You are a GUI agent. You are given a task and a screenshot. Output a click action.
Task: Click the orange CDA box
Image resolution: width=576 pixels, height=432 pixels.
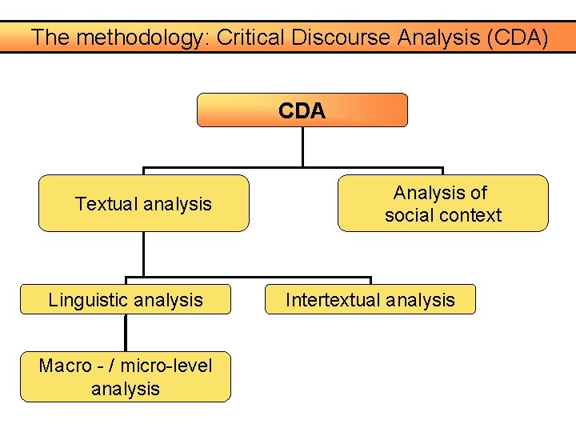(x=302, y=110)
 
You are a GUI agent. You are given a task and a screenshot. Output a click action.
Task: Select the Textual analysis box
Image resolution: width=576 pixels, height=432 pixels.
(x=144, y=203)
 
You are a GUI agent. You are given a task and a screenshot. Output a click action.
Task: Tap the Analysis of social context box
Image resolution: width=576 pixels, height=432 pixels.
(x=442, y=203)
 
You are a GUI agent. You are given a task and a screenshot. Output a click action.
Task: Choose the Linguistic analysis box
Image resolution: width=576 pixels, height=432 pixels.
(x=126, y=299)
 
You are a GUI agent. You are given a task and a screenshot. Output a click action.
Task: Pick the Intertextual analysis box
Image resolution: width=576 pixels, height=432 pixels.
(x=370, y=299)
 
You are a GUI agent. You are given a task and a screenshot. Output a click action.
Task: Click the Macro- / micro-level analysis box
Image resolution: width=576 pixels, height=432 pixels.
(x=126, y=377)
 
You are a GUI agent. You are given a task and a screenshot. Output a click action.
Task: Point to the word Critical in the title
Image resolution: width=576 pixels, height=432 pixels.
(x=241, y=37)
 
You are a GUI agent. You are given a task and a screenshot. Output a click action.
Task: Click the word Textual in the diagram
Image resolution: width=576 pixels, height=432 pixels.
(x=104, y=204)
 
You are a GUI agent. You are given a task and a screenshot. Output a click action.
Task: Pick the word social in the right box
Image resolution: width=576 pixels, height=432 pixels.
(x=408, y=215)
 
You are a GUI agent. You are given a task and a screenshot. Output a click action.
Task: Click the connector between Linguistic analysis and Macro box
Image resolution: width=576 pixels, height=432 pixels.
(x=126, y=333)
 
